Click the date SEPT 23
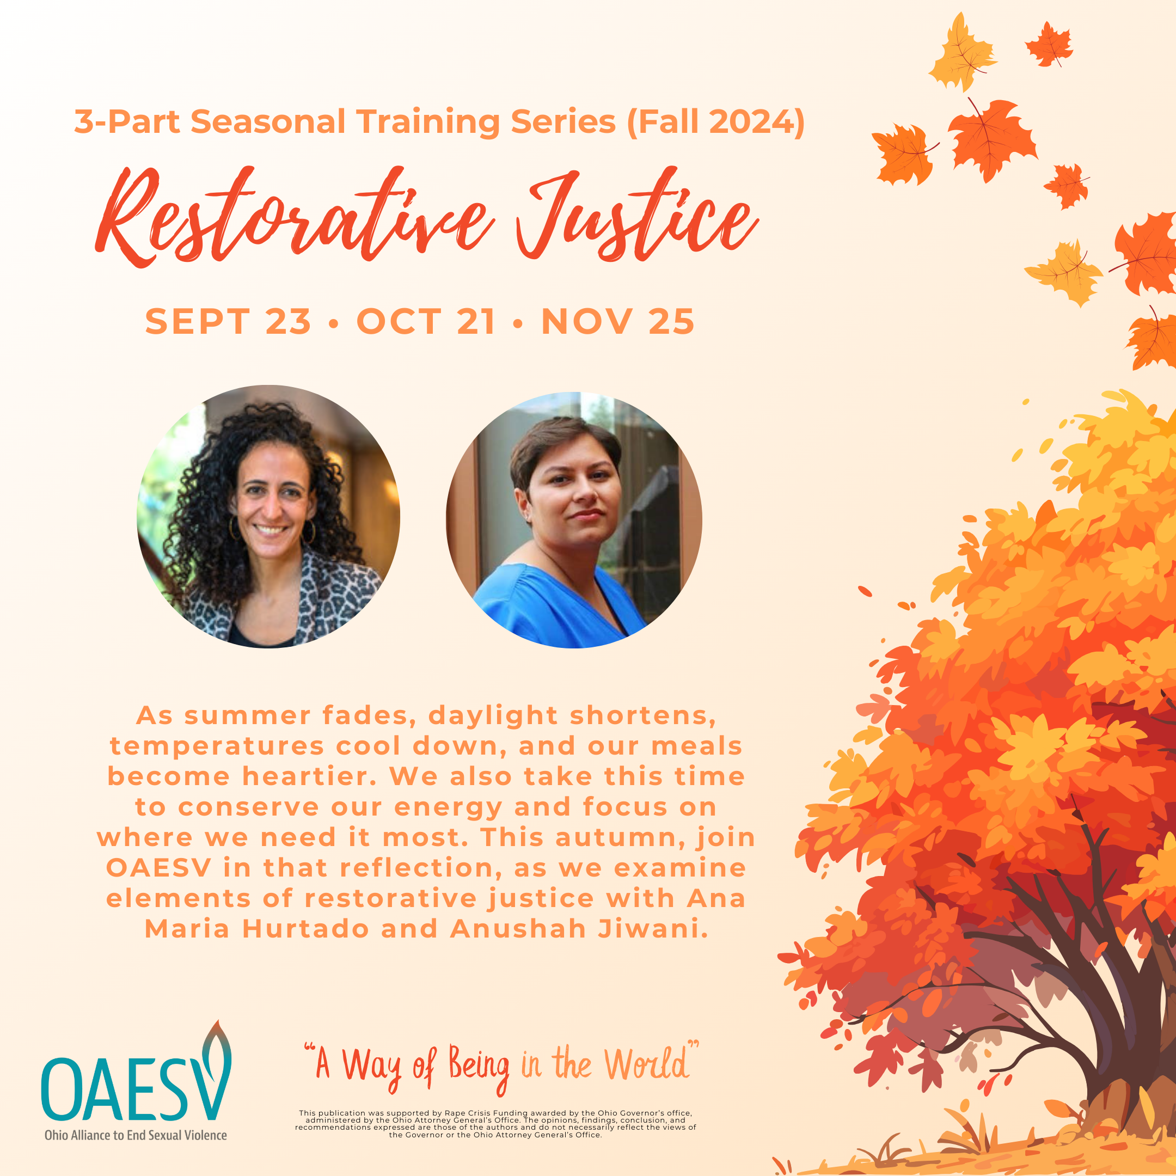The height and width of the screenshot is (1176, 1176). click(228, 321)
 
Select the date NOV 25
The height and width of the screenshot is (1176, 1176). click(618, 321)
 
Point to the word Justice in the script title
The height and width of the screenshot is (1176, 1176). click(636, 216)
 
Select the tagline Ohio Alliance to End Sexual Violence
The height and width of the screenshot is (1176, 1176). click(136, 1135)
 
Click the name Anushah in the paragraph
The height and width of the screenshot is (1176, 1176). click(518, 929)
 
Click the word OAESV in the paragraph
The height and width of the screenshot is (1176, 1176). click(158, 868)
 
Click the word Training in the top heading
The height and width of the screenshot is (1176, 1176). click(428, 122)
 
